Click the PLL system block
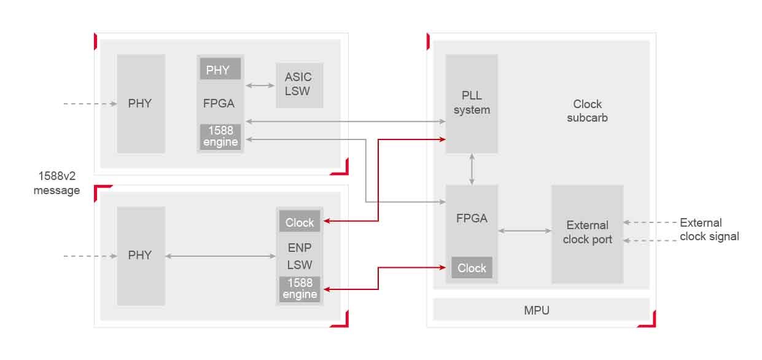click(x=472, y=103)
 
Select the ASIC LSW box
click(x=299, y=85)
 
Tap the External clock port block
click(x=587, y=233)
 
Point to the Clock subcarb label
click(x=587, y=111)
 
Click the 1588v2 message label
click(x=56, y=184)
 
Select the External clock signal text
click(x=709, y=229)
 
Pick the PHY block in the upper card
click(x=141, y=103)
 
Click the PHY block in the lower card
click(x=141, y=255)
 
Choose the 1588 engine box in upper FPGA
click(x=220, y=136)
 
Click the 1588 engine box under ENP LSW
click(x=300, y=288)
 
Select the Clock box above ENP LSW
click(x=300, y=222)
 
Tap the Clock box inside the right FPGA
click(x=472, y=268)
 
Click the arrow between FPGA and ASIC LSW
click(x=260, y=85)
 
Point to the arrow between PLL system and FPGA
click(x=472, y=169)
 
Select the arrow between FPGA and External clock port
click(x=524, y=231)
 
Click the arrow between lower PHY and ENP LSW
click(x=220, y=256)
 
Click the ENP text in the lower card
click(x=300, y=248)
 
